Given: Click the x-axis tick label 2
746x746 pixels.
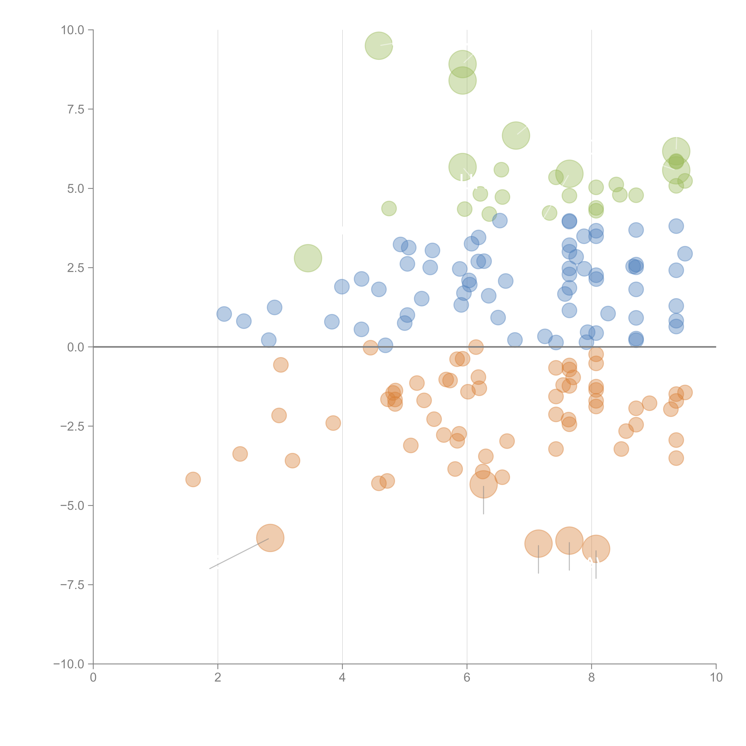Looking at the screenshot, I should tap(218, 678).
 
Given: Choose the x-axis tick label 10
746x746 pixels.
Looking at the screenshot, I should tap(716, 678).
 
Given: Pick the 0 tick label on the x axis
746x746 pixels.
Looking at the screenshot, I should tap(93, 678).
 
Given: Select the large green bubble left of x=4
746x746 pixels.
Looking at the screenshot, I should tap(308, 258).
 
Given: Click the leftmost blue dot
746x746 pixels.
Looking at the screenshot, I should tap(224, 314).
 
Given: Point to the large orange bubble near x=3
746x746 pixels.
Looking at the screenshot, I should tap(270, 538).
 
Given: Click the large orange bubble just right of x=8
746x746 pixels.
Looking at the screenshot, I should tap(596, 549).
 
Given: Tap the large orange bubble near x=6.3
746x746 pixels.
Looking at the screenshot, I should tap(483, 484).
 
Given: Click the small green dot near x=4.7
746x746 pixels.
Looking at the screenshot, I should tap(389, 209).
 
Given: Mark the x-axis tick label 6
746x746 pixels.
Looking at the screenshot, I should tap(467, 678).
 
